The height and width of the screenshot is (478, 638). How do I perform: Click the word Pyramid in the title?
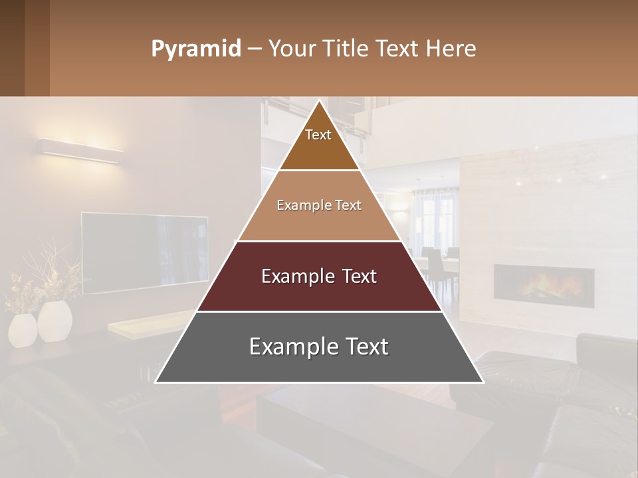(195, 49)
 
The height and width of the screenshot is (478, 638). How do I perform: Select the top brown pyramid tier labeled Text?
(319, 143)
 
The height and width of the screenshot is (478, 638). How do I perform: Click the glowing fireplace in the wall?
(544, 286)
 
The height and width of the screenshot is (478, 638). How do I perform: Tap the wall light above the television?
(80, 149)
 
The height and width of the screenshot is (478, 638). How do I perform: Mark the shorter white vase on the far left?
(23, 330)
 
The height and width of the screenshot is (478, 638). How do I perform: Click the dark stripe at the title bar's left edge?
(37, 48)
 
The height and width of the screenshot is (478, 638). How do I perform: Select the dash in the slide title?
(254, 49)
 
